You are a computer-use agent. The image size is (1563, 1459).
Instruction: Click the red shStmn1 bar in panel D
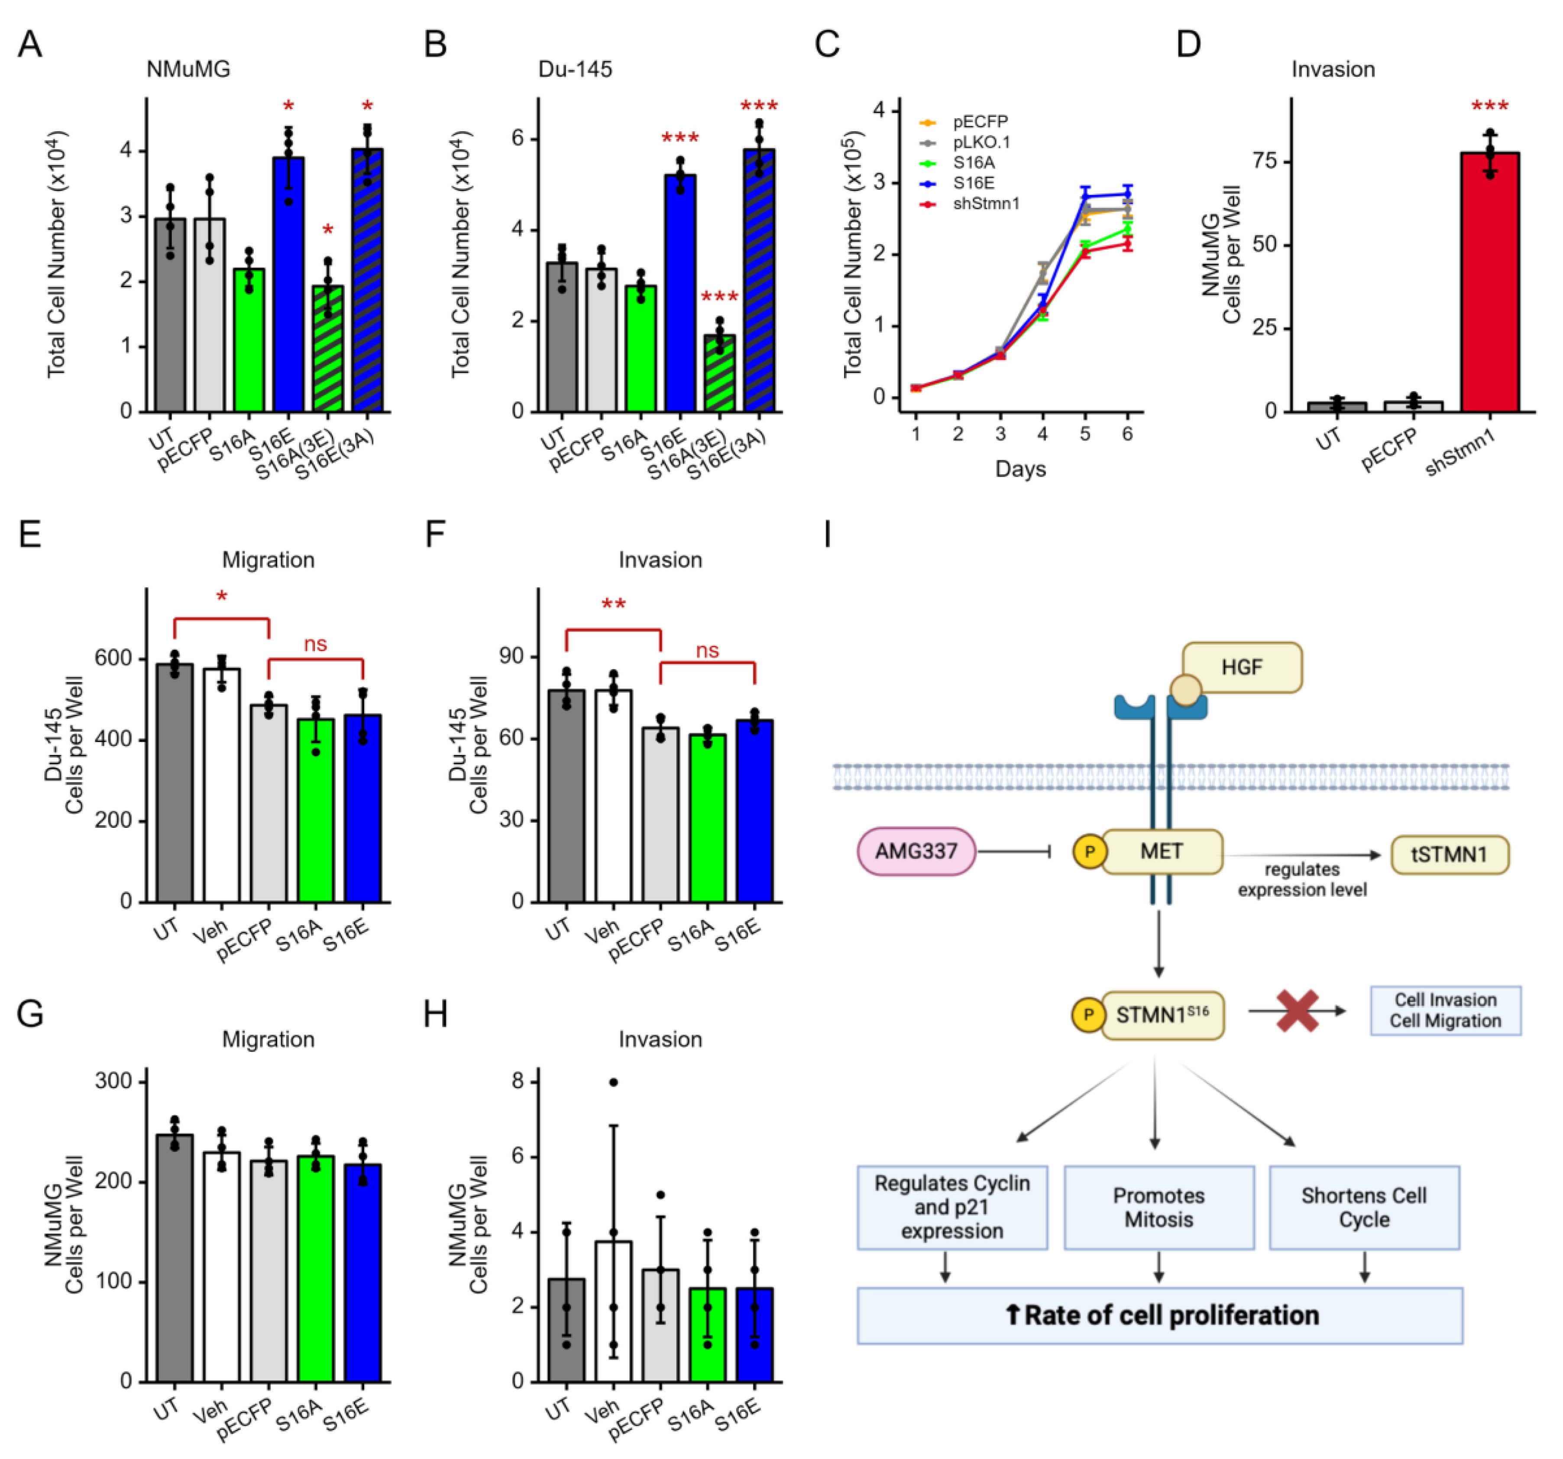1490,283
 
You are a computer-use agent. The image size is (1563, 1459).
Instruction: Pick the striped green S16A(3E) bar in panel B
719,373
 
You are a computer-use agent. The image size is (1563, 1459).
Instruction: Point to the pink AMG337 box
916,851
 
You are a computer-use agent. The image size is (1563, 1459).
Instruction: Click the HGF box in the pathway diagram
1242,668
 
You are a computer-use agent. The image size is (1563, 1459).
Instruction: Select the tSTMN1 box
1449,855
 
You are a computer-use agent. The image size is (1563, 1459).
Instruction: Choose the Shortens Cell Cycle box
1364,1207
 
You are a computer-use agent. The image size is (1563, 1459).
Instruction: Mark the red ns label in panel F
707,651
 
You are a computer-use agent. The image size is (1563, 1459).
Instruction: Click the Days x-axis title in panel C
1020,469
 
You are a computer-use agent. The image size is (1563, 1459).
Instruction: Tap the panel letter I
827,536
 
